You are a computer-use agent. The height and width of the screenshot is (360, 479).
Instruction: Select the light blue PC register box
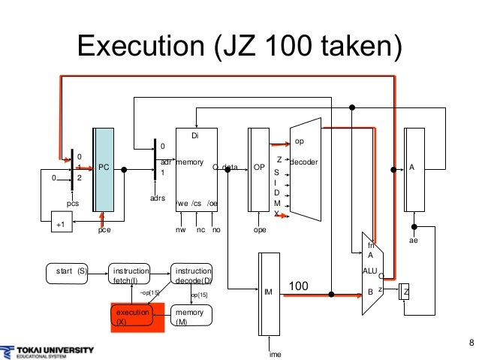click(x=104, y=169)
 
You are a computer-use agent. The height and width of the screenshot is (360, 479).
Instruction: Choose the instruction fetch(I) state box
click(x=130, y=275)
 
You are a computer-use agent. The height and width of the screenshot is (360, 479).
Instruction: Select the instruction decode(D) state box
click(x=191, y=275)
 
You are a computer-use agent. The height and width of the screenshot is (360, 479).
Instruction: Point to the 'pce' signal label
click(x=104, y=231)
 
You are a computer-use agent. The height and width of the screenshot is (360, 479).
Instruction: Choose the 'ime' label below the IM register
click(x=276, y=354)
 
